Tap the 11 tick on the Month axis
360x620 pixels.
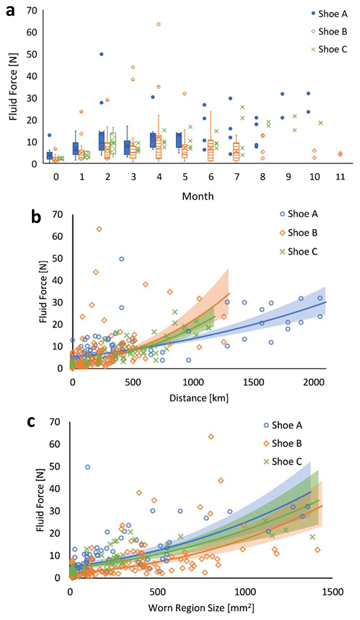[x=340, y=177]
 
